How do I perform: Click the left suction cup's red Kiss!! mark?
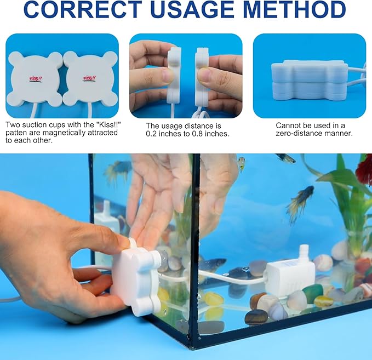(x=36, y=78)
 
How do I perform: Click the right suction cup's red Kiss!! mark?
(x=89, y=78)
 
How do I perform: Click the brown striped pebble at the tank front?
(x=256, y=317)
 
